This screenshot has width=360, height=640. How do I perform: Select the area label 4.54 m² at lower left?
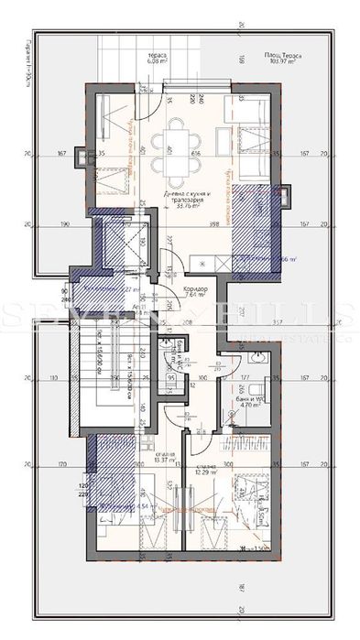[x=120, y=504]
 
